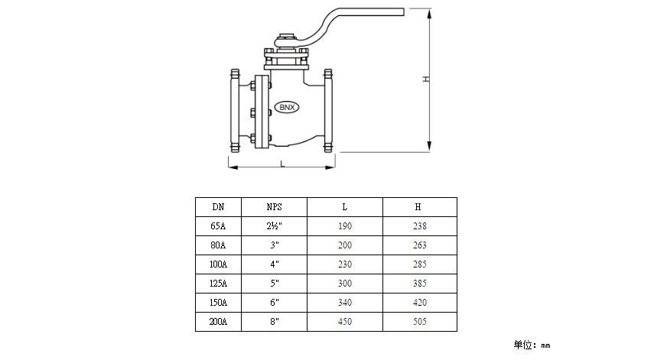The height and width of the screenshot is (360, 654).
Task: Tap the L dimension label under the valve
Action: tap(282, 164)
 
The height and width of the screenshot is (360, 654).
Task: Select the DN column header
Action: tap(218, 207)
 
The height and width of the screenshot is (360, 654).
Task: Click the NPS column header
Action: tap(274, 207)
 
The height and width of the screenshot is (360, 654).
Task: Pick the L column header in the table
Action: tap(344, 207)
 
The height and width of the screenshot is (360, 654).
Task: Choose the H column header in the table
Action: tap(418, 207)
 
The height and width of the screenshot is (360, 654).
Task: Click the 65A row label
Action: tap(218, 226)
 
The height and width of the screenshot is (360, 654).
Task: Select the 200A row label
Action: tap(218, 322)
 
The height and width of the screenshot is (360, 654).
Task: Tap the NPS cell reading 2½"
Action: tap(274, 226)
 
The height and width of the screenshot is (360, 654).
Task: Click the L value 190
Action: tap(344, 226)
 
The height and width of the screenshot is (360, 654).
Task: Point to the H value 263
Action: tap(418, 245)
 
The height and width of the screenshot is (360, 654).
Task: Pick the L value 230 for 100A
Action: tap(344, 264)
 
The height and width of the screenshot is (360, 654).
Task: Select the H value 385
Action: tap(418, 284)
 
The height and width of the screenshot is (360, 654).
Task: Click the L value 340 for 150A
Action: tap(344, 303)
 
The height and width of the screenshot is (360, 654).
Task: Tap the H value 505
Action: tap(418, 322)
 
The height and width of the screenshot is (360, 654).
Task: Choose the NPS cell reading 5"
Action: tap(274, 284)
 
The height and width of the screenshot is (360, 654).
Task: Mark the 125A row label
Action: tap(218, 284)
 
